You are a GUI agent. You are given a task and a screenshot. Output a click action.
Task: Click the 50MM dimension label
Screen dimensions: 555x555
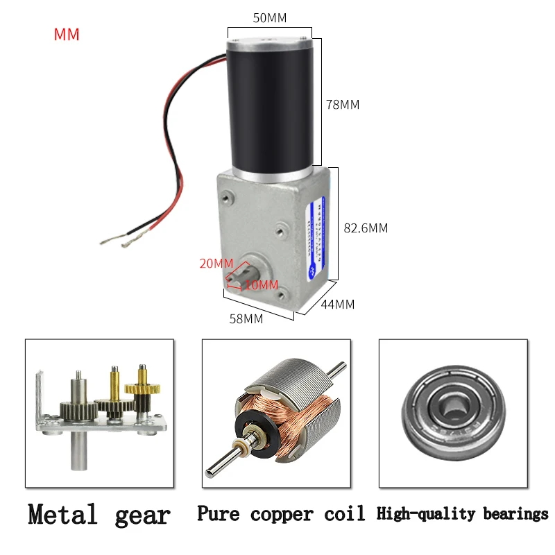tap(270, 17)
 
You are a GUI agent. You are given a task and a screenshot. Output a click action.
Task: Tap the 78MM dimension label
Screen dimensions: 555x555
tap(343, 105)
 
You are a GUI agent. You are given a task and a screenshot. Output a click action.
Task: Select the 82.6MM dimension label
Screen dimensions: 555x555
tap(366, 228)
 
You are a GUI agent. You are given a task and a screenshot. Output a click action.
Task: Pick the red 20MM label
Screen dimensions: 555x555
tap(216, 264)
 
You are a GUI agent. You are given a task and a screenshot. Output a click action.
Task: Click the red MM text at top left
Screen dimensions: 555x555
tap(67, 35)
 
